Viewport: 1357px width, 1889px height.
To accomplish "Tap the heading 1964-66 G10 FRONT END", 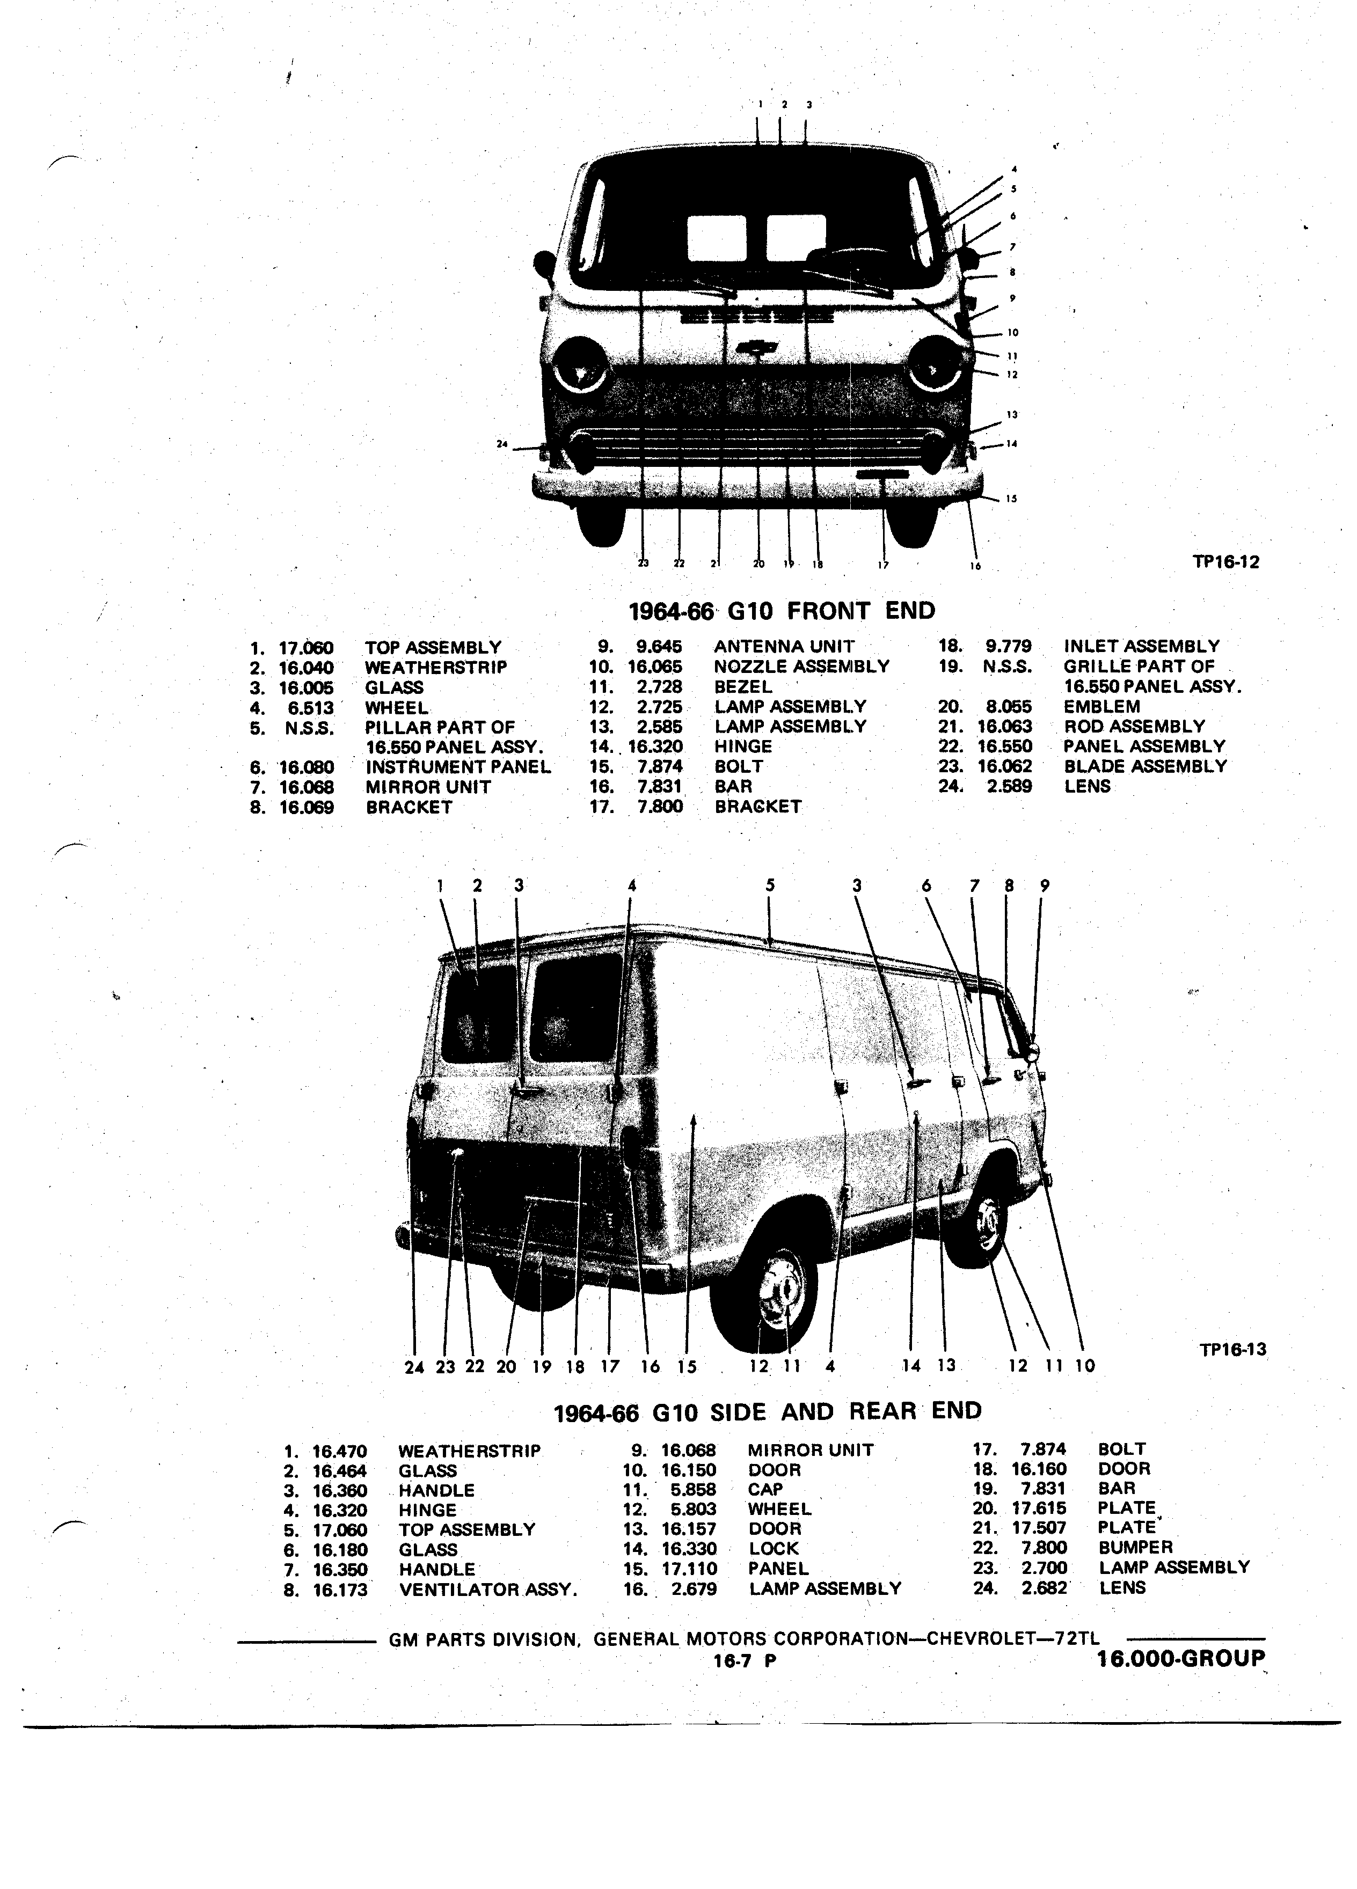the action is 782,611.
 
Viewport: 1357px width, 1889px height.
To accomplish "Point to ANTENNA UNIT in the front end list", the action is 784,646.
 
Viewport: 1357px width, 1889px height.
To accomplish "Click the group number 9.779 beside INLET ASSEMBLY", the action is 1009,646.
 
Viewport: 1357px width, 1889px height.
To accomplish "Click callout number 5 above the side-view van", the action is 770,885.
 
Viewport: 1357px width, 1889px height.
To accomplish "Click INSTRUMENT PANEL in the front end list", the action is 458,767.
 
